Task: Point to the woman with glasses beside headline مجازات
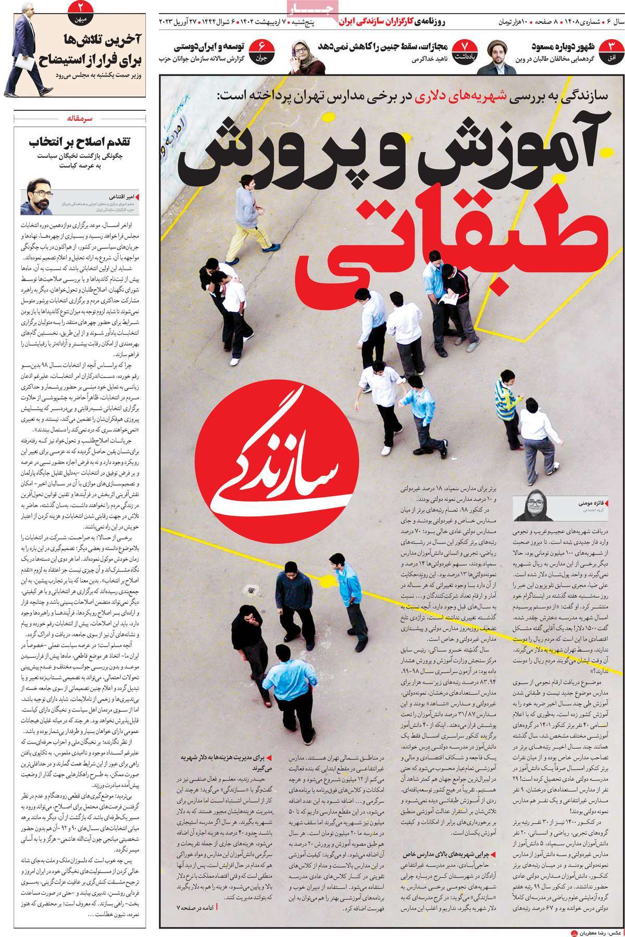307,56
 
